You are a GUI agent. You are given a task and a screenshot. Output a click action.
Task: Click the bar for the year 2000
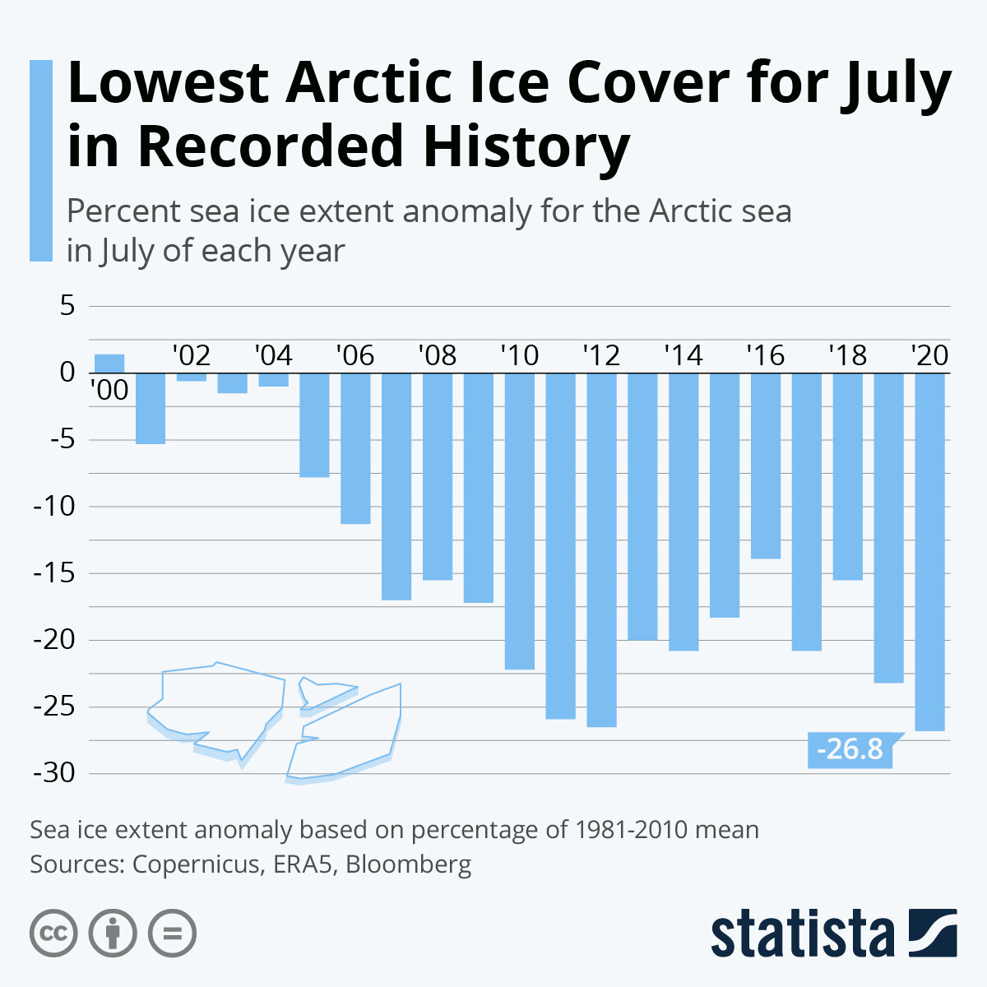click(x=109, y=364)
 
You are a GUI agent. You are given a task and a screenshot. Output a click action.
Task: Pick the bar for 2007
click(x=396, y=486)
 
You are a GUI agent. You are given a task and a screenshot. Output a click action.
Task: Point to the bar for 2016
click(x=766, y=466)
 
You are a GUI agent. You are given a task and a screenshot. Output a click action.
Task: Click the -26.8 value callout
click(x=850, y=749)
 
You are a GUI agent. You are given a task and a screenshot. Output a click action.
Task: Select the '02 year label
click(x=191, y=356)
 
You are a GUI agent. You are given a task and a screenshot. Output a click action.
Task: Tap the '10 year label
click(x=519, y=356)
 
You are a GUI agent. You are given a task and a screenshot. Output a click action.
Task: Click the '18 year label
click(x=847, y=356)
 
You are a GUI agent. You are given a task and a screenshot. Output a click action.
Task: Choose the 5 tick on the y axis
click(x=67, y=306)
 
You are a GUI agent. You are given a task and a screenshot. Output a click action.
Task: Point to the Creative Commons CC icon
click(x=53, y=934)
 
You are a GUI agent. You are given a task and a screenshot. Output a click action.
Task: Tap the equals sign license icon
click(x=173, y=934)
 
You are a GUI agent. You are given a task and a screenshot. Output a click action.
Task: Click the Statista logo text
click(x=803, y=934)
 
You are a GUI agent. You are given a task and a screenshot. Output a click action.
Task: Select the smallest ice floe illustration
click(x=326, y=693)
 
